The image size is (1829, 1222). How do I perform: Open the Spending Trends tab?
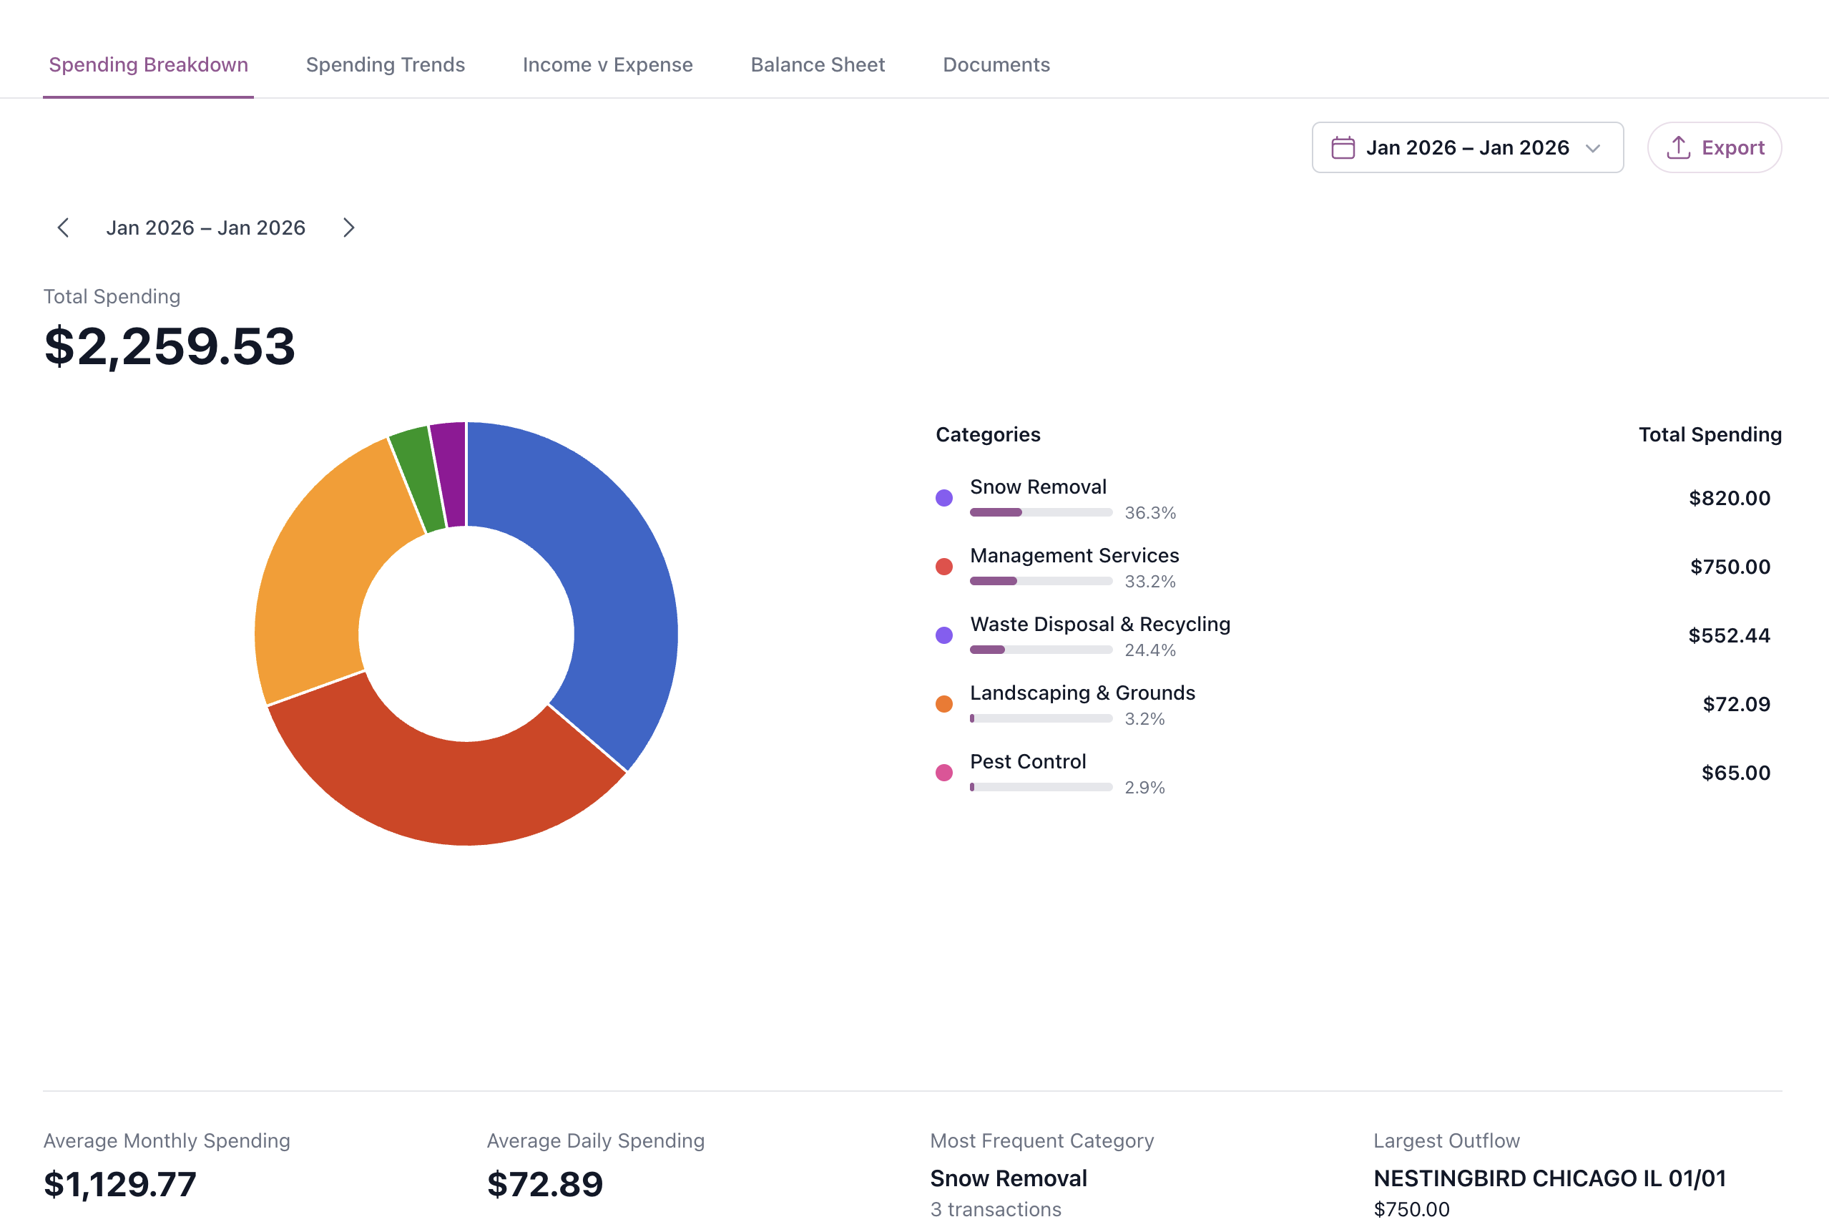385,64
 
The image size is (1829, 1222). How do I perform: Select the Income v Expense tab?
607,64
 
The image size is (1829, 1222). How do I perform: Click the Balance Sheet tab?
817,64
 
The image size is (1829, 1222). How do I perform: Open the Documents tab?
996,64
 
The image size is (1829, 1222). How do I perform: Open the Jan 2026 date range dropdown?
1467,147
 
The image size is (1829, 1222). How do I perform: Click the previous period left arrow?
64,228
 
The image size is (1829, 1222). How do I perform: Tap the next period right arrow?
348,228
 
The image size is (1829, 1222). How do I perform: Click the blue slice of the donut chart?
615,592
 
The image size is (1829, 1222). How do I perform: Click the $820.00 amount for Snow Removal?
1729,498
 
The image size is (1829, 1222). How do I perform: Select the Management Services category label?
1074,556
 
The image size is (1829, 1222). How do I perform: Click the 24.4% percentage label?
1149,650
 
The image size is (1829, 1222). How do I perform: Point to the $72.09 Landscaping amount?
1735,704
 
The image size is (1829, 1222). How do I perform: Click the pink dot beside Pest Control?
943,772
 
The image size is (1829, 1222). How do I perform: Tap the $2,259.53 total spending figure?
170,346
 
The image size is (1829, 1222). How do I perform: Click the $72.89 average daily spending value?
544,1184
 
